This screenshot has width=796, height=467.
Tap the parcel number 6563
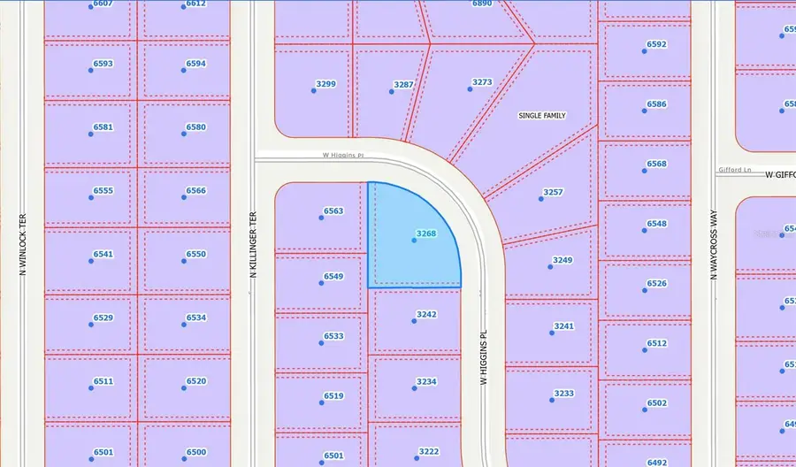pyautogui.click(x=333, y=211)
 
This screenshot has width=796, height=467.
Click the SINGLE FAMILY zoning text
pyautogui.click(x=541, y=116)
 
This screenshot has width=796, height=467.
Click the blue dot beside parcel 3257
pyautogui.click(x=541, y=199)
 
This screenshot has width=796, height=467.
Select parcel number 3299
pyautogui.click(x=326, y=84)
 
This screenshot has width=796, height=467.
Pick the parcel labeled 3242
pyautogui.click(x=426, y=314)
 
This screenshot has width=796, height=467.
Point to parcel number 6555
pyautogui.click(x=103, y=190)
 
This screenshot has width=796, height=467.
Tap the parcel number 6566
pyautogui.click(x=195, y=190)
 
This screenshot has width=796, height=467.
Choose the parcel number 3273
pyautogui.click(x=482, y=82)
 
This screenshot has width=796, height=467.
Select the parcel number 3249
pyautogui.click(x=563, y=260)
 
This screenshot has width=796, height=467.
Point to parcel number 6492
pyautogui.click(x=657, y=462)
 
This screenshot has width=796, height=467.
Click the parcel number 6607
pyautogui.click(x=103, y=4)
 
